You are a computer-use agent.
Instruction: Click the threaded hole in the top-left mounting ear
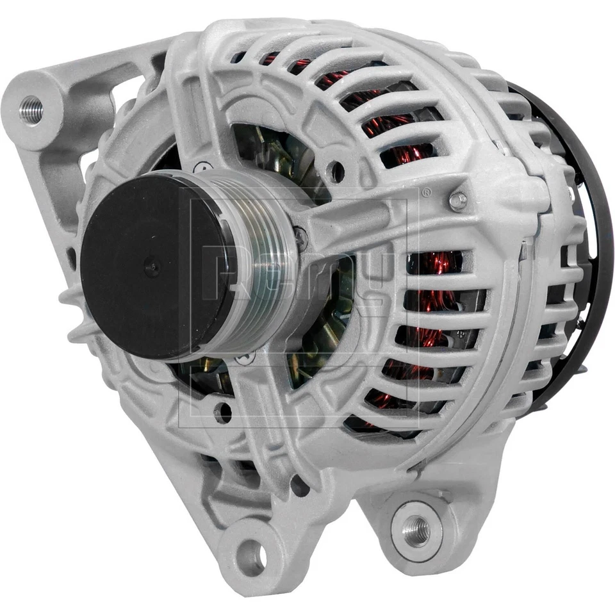click(x=31, y=110)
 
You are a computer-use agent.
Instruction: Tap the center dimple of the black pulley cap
click(x=152, y=267)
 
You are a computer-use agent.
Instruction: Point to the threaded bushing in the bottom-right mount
click(x=416, y=531)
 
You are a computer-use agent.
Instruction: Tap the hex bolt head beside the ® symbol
click(x=457, y=201)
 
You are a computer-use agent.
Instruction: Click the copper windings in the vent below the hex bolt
click(x=436, y=263)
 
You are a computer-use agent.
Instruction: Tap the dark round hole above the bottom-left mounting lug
click(x=299, y=485)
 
